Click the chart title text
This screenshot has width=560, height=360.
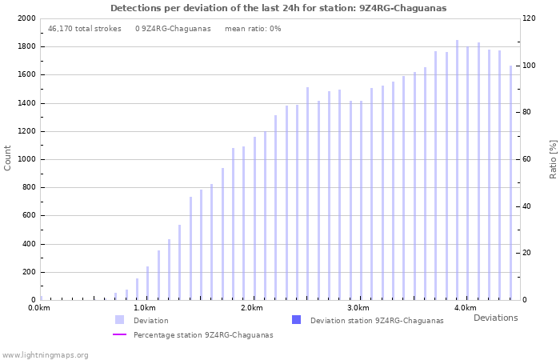point(278,8)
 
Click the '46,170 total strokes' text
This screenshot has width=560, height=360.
point(84,29)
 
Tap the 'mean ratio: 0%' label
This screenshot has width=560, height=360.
point(253,29)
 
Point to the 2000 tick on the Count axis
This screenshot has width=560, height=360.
point(26,18)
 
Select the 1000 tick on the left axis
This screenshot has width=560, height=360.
point(26,159)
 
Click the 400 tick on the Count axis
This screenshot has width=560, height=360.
point(28,244)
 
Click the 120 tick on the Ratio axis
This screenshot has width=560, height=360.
point(530,18)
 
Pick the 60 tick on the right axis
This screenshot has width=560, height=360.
point(528,159)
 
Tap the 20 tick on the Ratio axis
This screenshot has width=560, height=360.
point(528,254)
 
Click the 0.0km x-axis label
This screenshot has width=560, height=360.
point(39,308)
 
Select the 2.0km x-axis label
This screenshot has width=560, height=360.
point(252,308)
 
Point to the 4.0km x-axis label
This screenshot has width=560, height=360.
point(465,308)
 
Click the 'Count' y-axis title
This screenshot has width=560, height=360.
point(8,158)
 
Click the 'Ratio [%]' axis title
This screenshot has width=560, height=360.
point(553,158)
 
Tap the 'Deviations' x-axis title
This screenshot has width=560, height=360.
point(495,318)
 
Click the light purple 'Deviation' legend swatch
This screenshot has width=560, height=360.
point(119,320)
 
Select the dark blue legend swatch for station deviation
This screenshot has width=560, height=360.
point(296,320)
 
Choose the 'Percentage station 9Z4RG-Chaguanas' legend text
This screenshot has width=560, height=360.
point(203,335)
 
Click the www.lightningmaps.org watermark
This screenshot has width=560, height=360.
point(46,354)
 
